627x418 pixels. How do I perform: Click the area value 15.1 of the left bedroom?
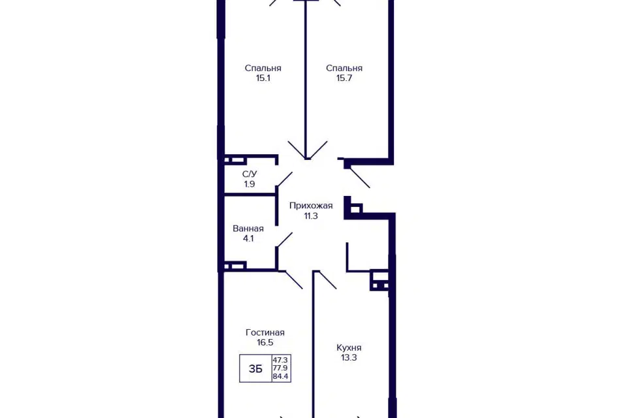coord(263,78)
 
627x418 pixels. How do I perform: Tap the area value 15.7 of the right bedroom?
coord(344,78)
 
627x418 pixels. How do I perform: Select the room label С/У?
coord(249,174)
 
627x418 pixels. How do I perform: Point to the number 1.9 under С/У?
coord(249,184)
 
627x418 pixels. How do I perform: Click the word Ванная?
coord(248,229)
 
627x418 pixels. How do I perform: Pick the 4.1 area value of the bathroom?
coord(248,238)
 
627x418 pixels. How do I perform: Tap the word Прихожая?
coord(311,206)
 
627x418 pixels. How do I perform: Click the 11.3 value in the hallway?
coord(311,216)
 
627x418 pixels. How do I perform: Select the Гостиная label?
coord(265,332)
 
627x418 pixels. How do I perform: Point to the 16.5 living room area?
coord(265,342)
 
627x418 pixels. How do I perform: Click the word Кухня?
coord(349,347)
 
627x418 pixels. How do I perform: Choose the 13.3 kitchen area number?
coord(349,358)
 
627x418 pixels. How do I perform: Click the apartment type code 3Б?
coord(255,369)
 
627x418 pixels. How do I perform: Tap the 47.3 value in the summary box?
coord(281,360)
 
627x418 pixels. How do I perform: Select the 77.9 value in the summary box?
coord(281,368)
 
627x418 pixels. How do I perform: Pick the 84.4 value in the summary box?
coord(281,376)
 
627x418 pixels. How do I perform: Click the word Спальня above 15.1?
coord(263,69)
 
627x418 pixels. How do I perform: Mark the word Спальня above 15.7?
coord(344,69)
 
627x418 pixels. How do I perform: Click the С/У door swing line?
coord(284,180)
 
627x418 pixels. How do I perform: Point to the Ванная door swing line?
coord(284,240)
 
